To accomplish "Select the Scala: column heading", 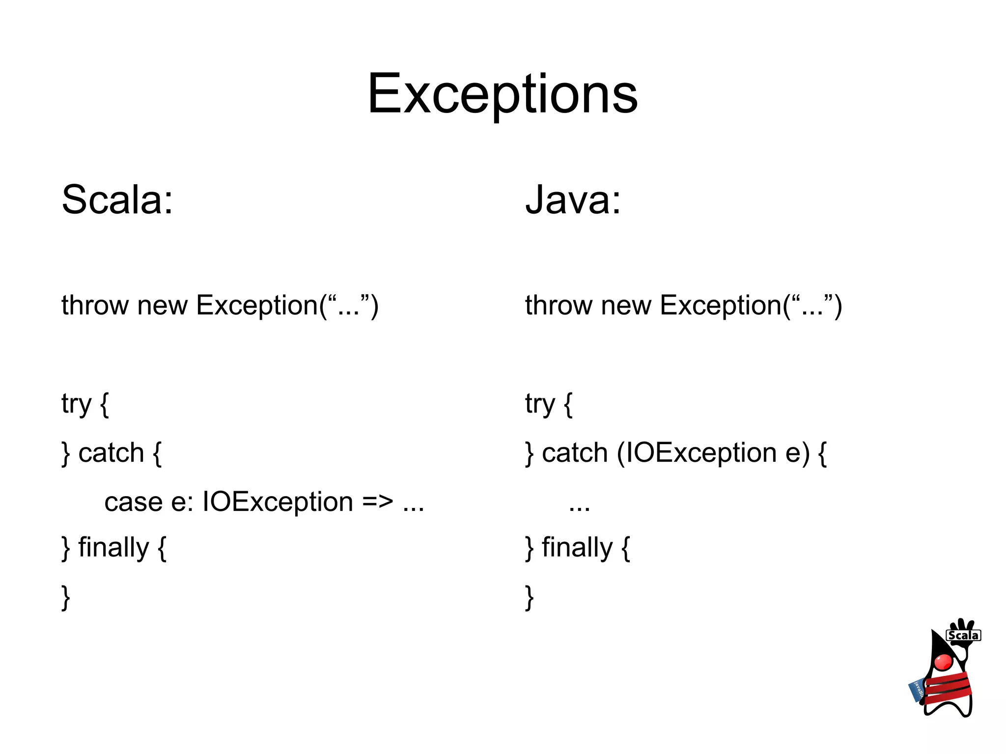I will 117,199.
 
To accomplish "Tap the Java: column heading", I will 573,199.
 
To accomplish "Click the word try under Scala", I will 76,404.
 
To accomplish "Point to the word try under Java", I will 540,404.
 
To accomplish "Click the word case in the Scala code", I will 133,502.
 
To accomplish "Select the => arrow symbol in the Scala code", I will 378,502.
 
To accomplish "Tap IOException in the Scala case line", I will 278,502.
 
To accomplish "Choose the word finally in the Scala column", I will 113,547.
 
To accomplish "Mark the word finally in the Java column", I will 577,547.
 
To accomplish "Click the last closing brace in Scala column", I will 66,597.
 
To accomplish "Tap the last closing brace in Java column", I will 530,597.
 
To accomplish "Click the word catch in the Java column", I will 575,453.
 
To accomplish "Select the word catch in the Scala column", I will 111,453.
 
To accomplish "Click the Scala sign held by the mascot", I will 963,635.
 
